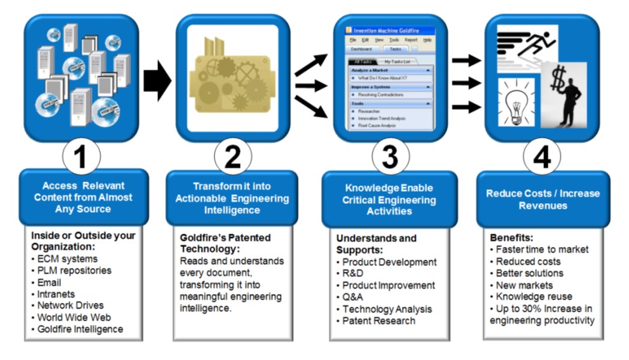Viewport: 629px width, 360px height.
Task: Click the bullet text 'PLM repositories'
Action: (x=74, y=270)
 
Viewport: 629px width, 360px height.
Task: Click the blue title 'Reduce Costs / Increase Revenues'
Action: (x=542, y=199)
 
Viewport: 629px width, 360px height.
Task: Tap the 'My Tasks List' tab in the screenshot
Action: (x=398, y=62)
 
